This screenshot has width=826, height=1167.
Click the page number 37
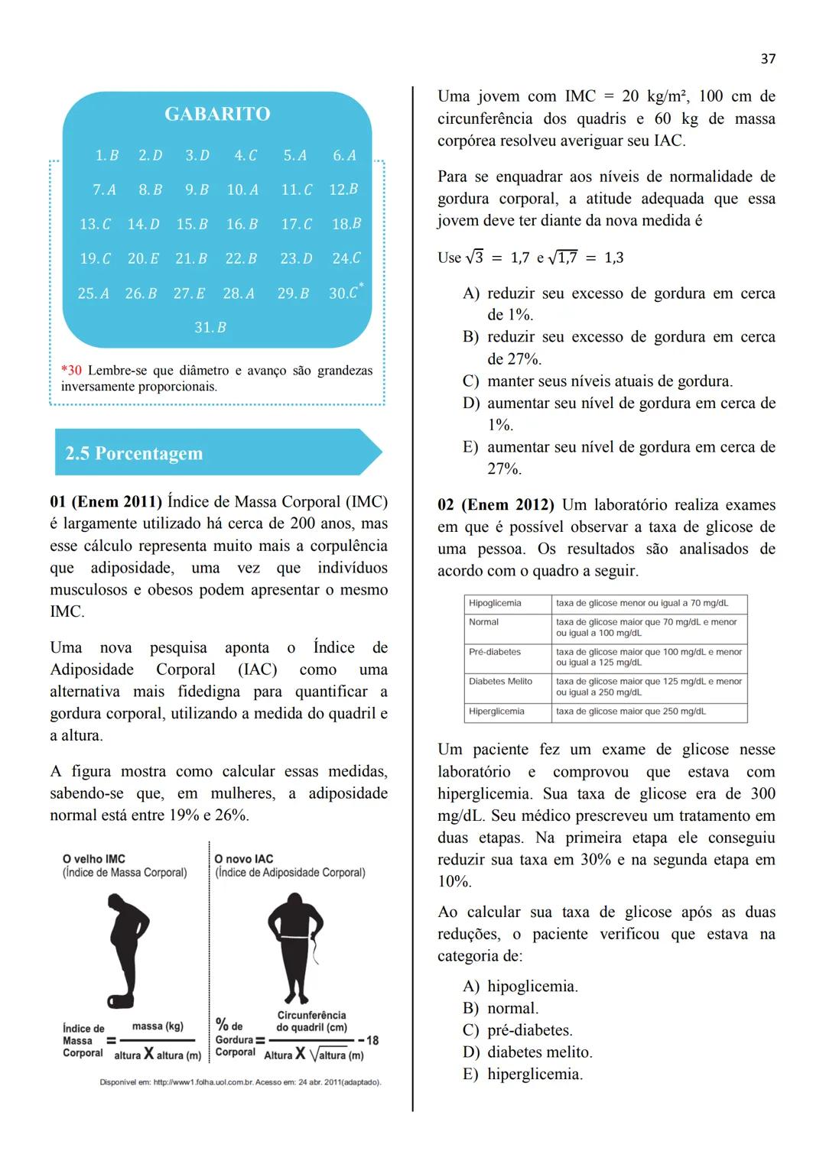point(768,59)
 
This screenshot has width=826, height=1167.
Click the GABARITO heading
point(217,114)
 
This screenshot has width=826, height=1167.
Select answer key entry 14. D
point(143,224)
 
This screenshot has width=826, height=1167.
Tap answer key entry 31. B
point(210,327)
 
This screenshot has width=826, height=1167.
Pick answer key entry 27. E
point(189,293)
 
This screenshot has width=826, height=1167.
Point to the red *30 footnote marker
point(71,371)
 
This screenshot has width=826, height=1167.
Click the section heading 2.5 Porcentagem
point(134,453)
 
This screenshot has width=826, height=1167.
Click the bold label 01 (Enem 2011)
point(106,502)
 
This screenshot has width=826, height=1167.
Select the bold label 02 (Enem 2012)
point(496,505)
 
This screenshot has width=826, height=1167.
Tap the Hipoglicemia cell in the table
point(495,603)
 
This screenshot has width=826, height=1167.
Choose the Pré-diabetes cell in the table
point(495,652)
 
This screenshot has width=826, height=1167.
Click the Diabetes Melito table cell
point(500,681)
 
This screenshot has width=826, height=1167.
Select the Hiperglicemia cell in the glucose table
point(496,712)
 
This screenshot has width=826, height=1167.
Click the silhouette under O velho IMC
point(127,948)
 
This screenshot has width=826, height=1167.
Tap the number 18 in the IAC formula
point(372,1040)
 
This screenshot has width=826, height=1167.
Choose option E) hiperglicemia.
point(523,1075)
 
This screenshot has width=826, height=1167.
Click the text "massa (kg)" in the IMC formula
point(158,1026)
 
